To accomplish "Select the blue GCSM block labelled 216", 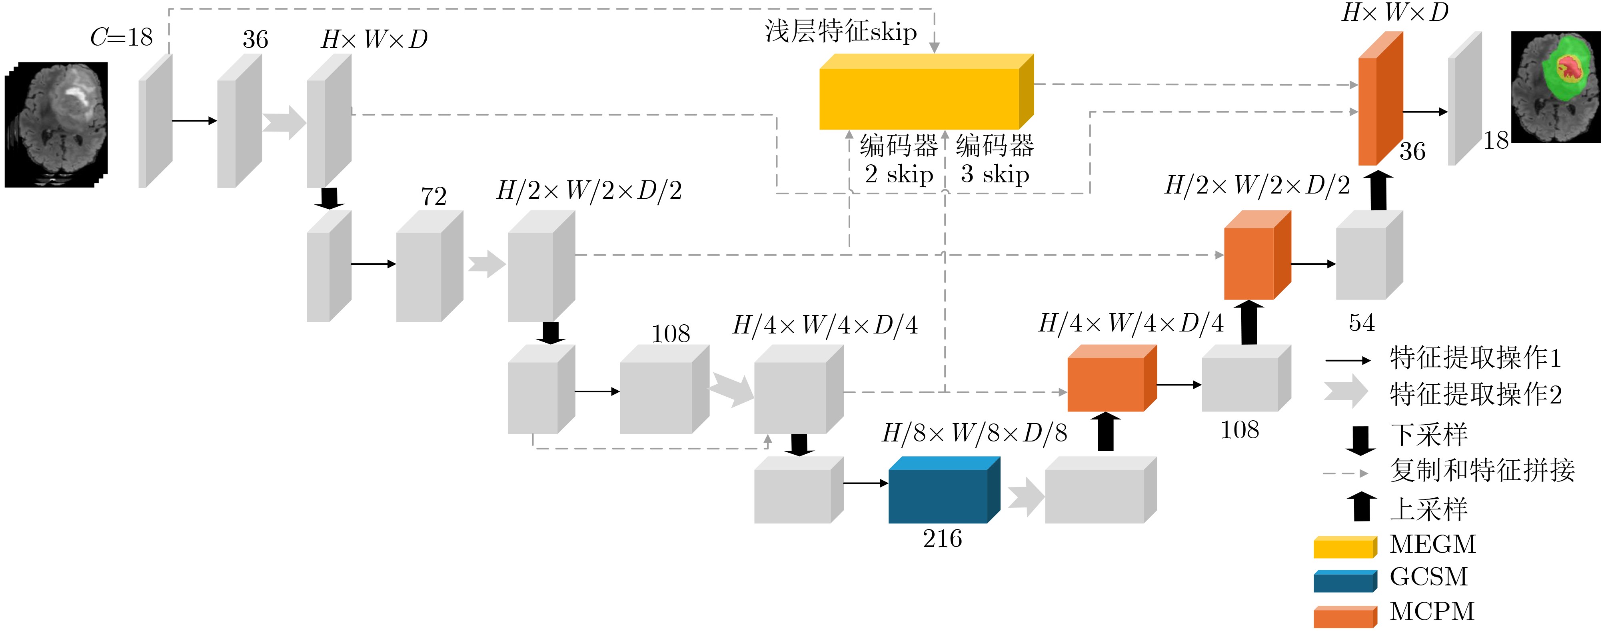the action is coord(944,489).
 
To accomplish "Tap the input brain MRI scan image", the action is coord(56,125).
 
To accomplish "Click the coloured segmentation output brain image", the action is coord(1556,87).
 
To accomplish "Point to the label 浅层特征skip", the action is coord(841,31).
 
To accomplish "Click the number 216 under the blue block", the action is coord(942,539).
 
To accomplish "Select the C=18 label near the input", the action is coord(122,38).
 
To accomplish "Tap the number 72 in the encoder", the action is coord(434,196).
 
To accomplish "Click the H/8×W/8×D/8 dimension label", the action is coord(975,433).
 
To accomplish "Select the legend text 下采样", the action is coord(1429,435).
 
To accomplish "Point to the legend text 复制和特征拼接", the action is coord(1482,470).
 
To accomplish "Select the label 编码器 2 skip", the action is coord(899,160).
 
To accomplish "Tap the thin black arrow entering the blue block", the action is coord(866,483).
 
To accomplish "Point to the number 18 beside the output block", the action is coord(1496,140).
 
